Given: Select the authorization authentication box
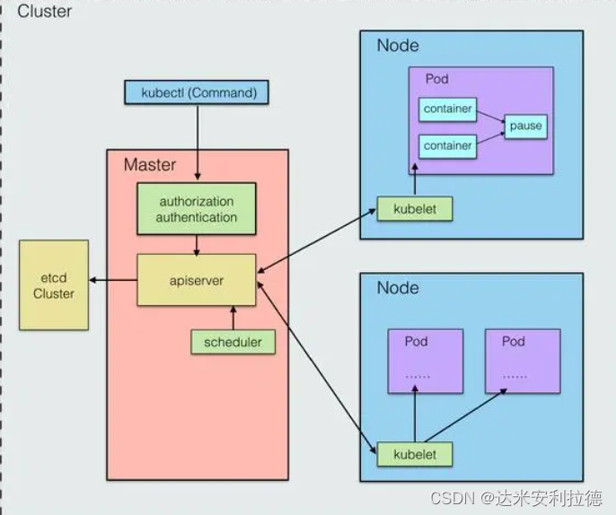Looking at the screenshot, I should click(x=197, y=209).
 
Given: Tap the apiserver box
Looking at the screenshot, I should click(x=197, y=280).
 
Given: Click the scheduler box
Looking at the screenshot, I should click(x=233, y=342).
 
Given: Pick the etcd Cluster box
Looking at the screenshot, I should click(x=54, y=285).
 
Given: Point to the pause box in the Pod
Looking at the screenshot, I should click(x=525, y=126).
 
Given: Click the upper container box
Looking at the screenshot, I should click(x=447, y=109).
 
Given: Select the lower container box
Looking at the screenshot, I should click(x=447, y=145).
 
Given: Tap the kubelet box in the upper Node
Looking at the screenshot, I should click(x=414, y=209).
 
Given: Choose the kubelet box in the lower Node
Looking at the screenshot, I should click(x=414, y=454).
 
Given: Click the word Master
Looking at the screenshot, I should click(x=150, y=165).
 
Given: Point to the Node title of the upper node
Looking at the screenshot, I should click(x=398, y=46).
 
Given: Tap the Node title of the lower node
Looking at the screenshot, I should click(x=398, y=287).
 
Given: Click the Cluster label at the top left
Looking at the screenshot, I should click(x=46, y=12).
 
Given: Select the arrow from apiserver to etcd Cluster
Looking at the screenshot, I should click(x=112, y=280).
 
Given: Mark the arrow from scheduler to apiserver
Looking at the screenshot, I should click(x=233, y=318).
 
